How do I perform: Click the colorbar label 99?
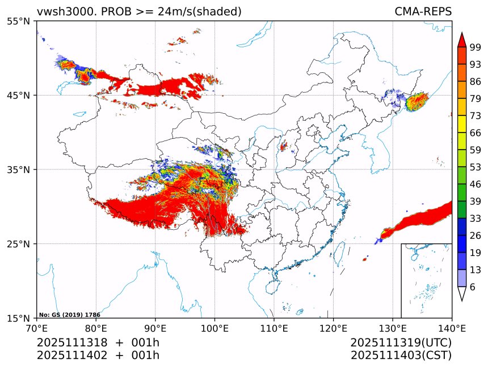pyautogui.click(x=476, y=47)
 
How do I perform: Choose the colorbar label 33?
pyautogui.click(x=476, y=218)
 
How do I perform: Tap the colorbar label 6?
pyautogui.click(x=473, y=287)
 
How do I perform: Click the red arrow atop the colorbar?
pyautogui.click(x=462, y=40)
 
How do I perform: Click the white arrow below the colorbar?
pyautogui.click(x=462, y=293)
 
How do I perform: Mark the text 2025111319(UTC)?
pyautogui.click(x=401, y=343)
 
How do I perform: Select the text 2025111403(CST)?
pyautogui.click(x=401, y=355)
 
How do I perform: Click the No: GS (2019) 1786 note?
pyautogui.click(x=70, y=315)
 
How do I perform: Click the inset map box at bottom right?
pyautogui.click(x=426, y=280)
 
